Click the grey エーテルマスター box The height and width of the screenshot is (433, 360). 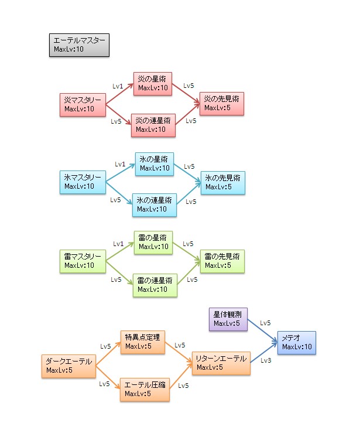(79, 45)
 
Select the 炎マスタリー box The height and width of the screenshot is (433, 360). (83, 104)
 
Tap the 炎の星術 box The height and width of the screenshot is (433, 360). (153, 84)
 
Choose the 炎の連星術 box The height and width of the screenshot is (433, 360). (153, 125)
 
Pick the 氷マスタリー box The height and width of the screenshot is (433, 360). (83, 182)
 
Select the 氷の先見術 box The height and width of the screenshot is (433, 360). (222, 182)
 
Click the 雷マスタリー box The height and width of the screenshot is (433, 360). (83, 261)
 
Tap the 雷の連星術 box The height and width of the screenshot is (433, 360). (154, 285)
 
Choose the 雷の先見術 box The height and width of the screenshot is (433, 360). (222, 261)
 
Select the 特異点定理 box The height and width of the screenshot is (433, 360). (142, 342)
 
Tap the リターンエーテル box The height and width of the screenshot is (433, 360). (221, 363)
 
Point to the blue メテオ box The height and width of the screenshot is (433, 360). (297, 343)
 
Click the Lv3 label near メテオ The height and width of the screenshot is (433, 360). (265, 361)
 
